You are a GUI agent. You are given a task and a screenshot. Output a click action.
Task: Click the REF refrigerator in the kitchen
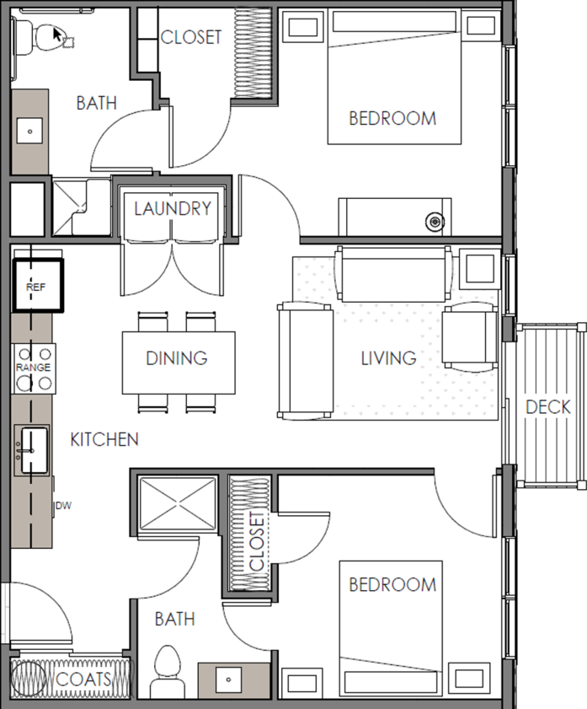pyautogui.click(x=38, y=285)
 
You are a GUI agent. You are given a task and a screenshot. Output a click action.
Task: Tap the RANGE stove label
pyautogui.click(x=33, y=368)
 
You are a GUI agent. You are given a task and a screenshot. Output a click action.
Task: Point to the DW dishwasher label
pyautogui.click(x=64, y=506)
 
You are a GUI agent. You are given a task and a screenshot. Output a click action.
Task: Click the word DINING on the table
pyautogui.click(x=177, y=358)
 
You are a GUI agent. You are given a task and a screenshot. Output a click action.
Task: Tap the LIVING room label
pyautogui.click(x=388, y=358)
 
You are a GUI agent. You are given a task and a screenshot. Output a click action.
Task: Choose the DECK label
pyautogui.click(x=548, y=407)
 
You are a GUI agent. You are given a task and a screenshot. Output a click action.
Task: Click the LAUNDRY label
pyautogui.click(x=173, y=208)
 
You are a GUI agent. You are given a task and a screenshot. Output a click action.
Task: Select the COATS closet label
pyautogui.click(x=83, y=679)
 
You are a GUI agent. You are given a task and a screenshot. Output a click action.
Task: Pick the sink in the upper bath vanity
pyautogui.click(x=29, y=132)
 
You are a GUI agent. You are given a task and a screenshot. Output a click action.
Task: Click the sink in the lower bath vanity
pyautogui.click(x=228, y=679)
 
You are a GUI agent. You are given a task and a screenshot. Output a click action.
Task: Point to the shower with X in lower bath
pyautogui.click(x=178, y=503)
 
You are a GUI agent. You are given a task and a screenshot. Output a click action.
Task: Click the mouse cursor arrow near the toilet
pyautogui.click(x=57, y=35)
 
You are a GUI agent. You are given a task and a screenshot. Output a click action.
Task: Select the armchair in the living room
pyautogui.click(x=470, y=337)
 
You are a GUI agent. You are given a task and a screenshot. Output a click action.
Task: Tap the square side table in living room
pyautogui.click(x=479, y=268)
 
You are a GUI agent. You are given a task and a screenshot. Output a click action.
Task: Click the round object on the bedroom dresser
pyautogui.click(x=435, y=222)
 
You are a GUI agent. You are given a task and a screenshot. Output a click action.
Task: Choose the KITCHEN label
pyautogui.click(x=104, y=439)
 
